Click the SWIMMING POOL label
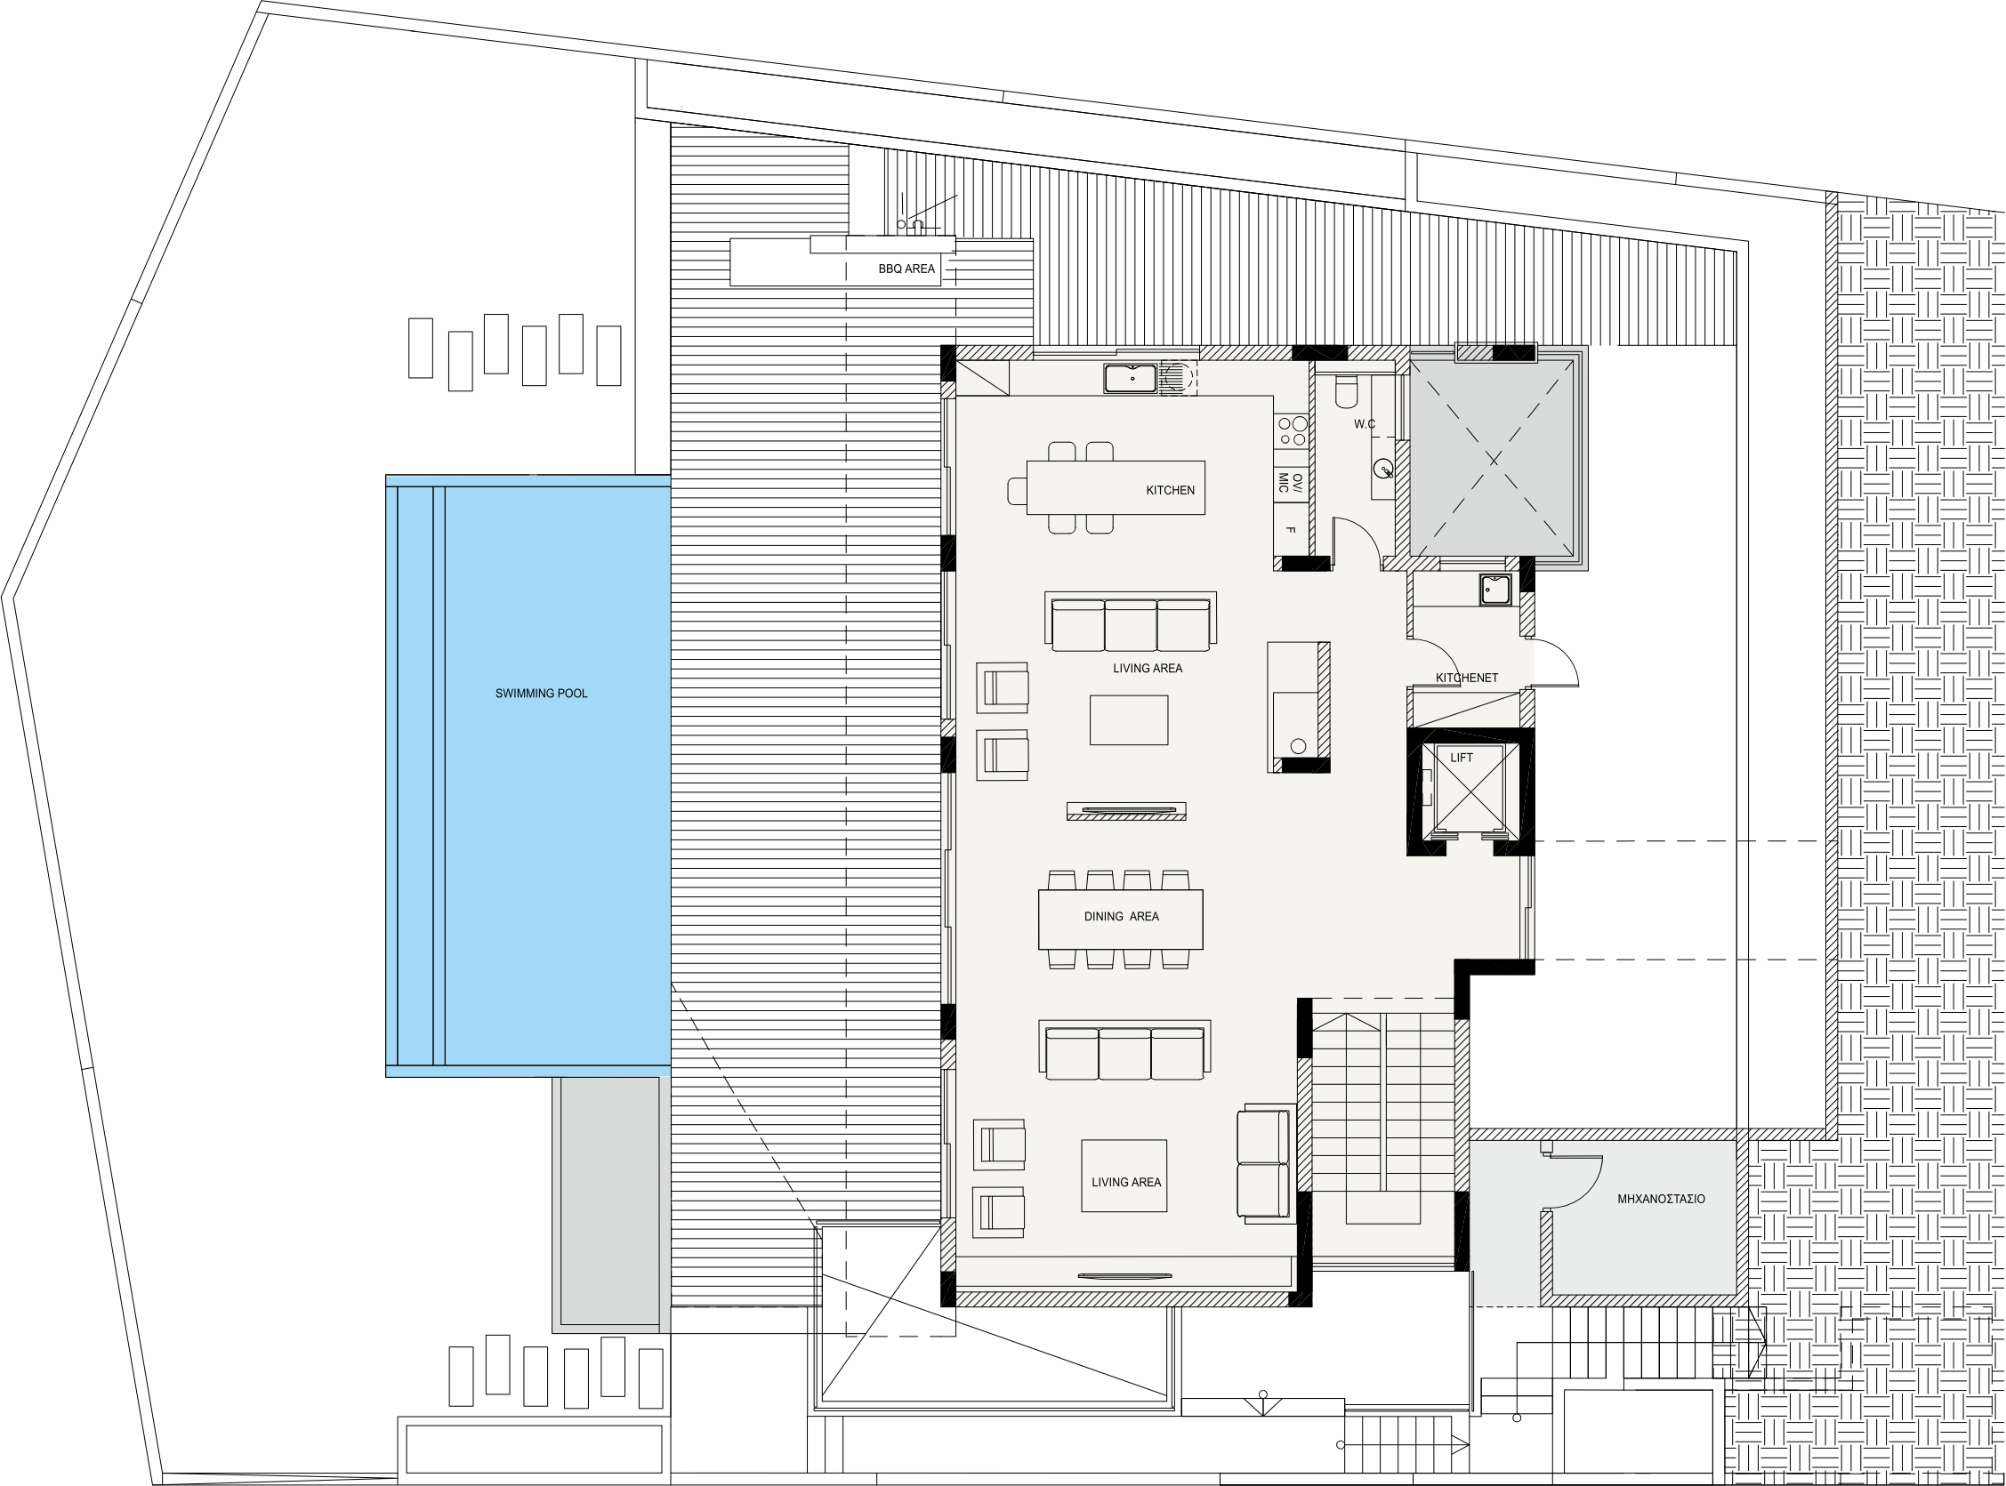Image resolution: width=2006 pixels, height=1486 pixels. pos(541,694)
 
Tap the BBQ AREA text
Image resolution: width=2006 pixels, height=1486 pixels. pos(906,269)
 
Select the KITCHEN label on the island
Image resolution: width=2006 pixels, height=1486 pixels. pos(1170,490)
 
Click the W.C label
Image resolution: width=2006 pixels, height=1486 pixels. pos(1365,424)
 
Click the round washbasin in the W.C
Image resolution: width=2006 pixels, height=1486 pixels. pos(1383,468)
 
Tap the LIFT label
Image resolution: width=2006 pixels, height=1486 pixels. pos(1462,758)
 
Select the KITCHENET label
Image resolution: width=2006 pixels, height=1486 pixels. pos(1466,679)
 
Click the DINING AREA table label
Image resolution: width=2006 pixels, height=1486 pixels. pos(1121,917)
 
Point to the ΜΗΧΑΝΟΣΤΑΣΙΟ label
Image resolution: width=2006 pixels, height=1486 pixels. pos(1661,1199)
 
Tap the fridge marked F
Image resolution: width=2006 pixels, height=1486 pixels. pos(1291,530)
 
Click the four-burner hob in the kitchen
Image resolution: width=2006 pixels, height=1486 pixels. pos(1292,432)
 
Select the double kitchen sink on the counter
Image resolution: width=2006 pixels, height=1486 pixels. pos(1131,378)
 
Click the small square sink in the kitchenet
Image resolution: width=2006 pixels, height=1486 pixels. pos(1495,590)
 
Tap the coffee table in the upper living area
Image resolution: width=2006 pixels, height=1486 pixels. pos(1129,719)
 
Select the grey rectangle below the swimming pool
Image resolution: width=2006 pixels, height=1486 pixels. pos(611,1204)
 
